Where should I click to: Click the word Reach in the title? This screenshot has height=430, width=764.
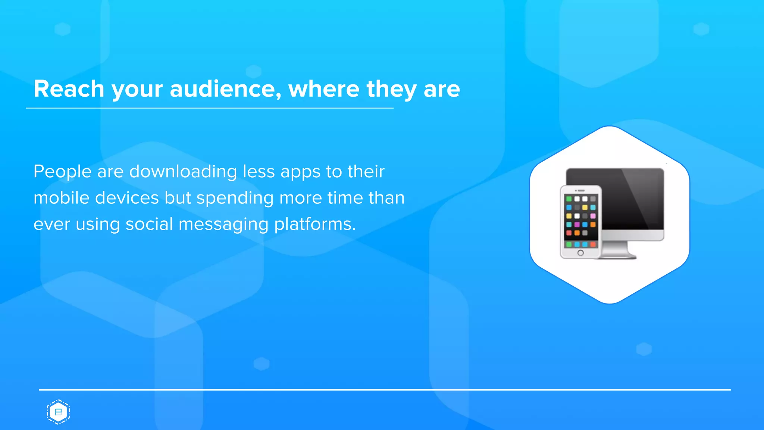[69, 89]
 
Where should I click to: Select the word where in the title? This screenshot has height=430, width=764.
[323, 89]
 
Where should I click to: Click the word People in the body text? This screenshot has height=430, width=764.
[62, 172]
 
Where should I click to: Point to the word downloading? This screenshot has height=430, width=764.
[183, 172]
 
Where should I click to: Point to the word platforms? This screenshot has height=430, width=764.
[314, 225]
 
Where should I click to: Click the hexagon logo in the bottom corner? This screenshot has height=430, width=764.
[58, 412]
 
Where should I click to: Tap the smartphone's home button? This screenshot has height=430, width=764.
[580, 253]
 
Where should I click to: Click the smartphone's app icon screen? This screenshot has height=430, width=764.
[580, 220]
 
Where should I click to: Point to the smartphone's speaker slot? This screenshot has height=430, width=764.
[581, 190]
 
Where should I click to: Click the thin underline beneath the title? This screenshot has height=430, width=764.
[210, 108]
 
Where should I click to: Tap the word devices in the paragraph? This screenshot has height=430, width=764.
[127, 198]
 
